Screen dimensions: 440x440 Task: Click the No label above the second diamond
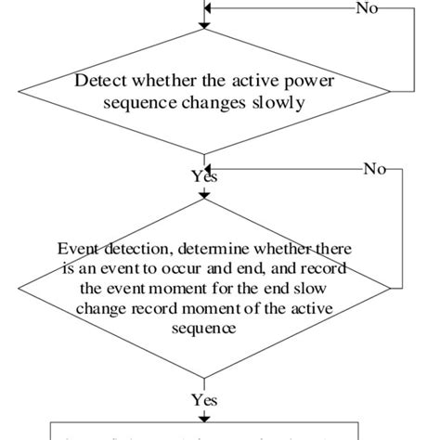[x=374, y=170]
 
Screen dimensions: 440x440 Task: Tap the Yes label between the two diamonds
[x=203, y=176]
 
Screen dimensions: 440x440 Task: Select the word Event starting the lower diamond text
[x=77, y=249]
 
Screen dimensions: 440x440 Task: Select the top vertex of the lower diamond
[x=202, y=199]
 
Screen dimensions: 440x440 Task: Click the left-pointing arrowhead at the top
[x=208, y=9]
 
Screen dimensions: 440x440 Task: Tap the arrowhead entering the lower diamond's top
[x=202, y=193]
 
